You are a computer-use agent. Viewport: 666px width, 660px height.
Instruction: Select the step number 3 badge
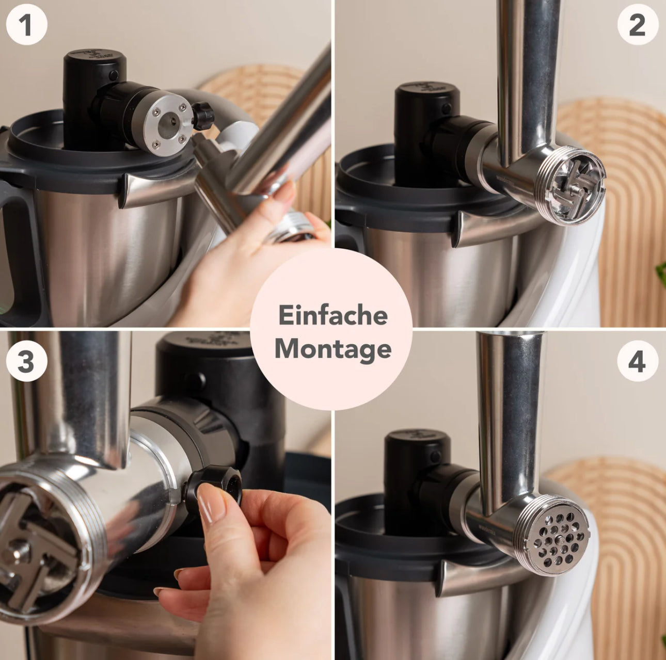(x=27, y=361)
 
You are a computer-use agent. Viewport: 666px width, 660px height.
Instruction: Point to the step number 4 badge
(x=637, y=361)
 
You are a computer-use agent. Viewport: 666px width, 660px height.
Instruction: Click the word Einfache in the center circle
(x=332, y=315)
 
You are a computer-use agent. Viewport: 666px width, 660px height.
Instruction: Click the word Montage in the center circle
(x=332, y=349)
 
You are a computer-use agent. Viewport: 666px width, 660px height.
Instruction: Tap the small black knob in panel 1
(x=202, y=115)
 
